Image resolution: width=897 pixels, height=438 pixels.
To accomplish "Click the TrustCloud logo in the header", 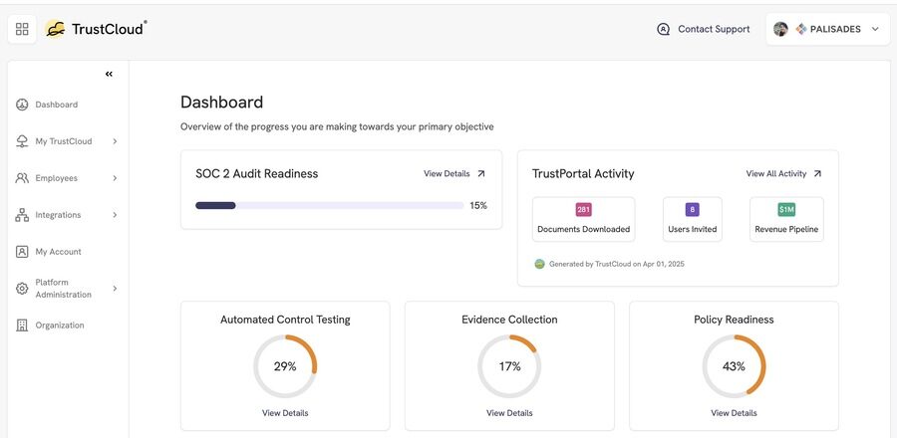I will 96,29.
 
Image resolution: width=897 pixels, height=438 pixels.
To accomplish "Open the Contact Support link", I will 704,29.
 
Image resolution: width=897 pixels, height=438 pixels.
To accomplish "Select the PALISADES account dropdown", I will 827,29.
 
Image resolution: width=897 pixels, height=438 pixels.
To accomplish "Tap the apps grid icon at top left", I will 22,29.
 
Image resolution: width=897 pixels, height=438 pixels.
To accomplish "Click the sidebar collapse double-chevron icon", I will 109,74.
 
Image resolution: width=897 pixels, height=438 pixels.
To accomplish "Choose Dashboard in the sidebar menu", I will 56,105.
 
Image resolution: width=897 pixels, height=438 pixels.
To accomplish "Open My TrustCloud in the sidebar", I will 63,141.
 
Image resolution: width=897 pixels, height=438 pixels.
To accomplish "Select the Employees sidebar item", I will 56,178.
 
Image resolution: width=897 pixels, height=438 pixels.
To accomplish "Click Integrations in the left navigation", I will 58,215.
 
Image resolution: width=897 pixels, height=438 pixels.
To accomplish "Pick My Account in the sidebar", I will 58,252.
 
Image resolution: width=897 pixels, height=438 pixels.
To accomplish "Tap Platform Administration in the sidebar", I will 63,289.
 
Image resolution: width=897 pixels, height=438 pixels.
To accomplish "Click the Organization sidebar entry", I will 60,326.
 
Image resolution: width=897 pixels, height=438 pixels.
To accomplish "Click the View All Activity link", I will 783,173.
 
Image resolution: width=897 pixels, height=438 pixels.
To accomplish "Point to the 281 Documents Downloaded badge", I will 584,210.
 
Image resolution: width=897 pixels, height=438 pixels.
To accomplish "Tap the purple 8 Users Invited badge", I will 692,210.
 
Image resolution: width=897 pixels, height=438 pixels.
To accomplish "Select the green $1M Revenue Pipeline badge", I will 786,210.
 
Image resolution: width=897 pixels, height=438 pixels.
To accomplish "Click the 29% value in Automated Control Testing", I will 285,366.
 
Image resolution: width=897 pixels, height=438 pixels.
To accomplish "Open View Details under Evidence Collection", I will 509,413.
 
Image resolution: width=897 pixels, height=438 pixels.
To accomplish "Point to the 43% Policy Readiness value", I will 734,366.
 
